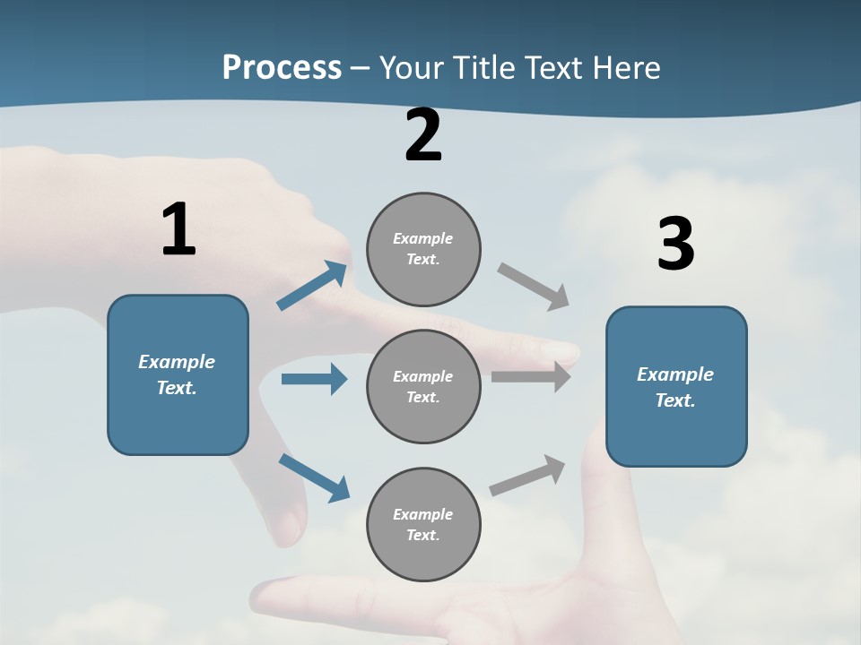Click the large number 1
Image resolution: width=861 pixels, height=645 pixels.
[179, 228]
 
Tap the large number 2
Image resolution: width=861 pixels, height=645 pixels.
[423, 135]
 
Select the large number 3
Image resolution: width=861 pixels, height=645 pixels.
[676, 243]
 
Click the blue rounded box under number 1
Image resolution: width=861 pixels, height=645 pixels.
[178, 375]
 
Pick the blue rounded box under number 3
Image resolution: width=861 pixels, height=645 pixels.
[676, 387]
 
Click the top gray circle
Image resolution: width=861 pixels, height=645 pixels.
[423, 250]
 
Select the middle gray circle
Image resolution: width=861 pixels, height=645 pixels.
[423, 387]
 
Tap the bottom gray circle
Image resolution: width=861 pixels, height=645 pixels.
[423, 524]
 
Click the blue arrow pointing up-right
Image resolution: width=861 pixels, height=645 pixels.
[312, 285]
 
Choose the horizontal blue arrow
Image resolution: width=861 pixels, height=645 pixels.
[315, 378]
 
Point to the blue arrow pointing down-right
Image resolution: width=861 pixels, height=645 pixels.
[315, 478]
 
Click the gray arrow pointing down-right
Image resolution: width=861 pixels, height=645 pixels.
[533, 287]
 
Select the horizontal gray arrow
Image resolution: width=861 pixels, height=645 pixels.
[531, 376]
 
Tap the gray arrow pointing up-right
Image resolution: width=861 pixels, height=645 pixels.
[527, 475]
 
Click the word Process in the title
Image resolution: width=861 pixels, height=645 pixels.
[282, 67]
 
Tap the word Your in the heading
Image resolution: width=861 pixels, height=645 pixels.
[412, 67]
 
